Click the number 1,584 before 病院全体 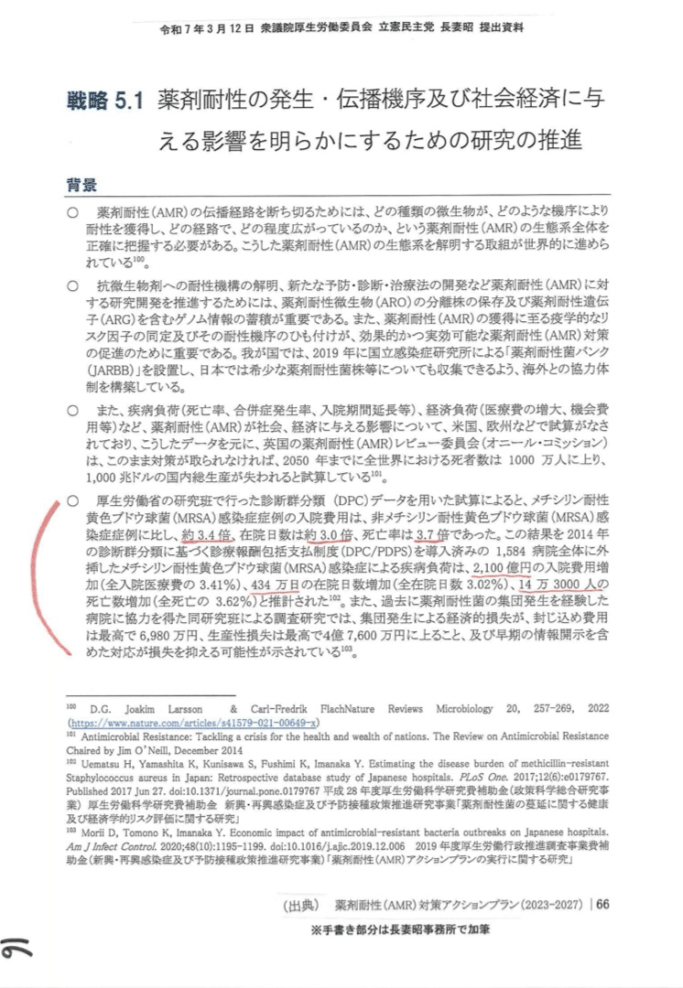pyautogui.click(x=513, y=550)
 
